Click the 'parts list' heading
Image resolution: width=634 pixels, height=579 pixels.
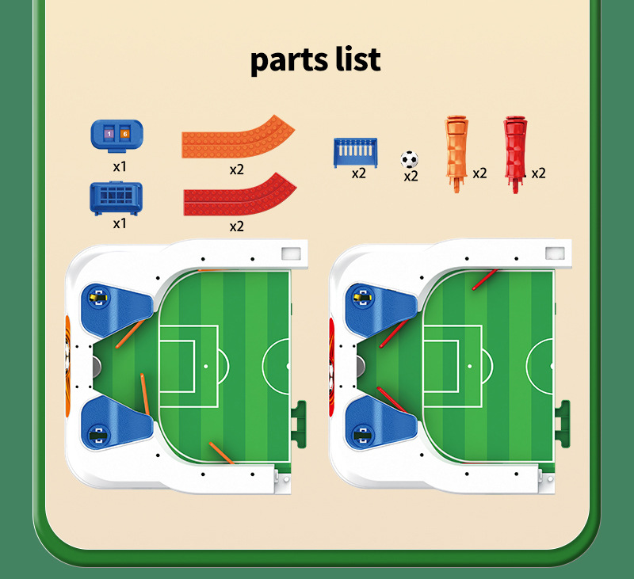(x=316, y=60)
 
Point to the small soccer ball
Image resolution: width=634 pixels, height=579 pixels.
(x=409, y=158)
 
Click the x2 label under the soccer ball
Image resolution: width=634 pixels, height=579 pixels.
(x=410, y=177)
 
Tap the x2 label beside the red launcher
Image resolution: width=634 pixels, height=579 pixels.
(x=538, y=173)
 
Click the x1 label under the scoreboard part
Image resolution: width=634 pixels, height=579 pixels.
(x=120, y=167)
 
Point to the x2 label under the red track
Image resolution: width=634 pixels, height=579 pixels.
(x=236, y=227)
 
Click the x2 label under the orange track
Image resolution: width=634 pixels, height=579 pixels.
(x=236, y=169)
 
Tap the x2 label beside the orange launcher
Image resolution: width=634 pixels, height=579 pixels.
(x=479, y=173)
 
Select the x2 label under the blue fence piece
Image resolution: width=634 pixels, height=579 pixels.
(x=358, y=173)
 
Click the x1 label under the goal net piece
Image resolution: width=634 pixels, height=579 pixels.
(x=120, y=223)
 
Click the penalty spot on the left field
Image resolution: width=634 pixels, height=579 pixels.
(x=205, y=367)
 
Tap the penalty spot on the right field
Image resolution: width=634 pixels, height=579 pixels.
(x=469, y=367)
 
